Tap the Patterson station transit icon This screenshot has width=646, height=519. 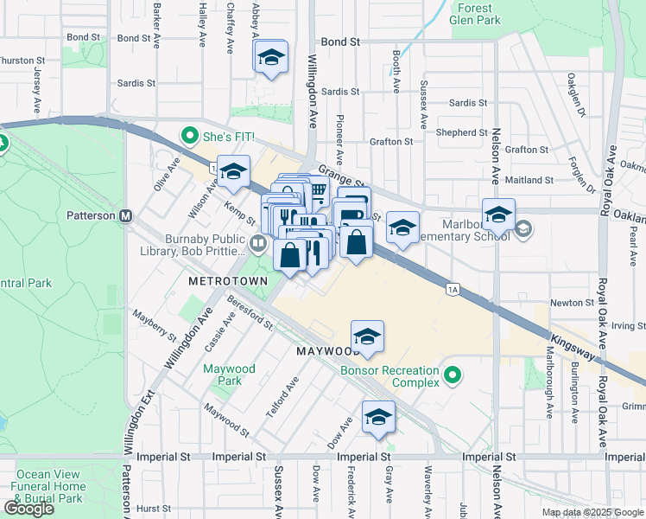125,215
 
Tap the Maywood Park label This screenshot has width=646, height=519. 229,375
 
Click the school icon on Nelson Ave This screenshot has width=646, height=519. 498,214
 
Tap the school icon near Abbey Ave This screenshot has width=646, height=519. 271,58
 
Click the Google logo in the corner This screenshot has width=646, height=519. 28,509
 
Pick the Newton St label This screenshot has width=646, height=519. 572,303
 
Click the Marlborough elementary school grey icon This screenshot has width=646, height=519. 522,228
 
